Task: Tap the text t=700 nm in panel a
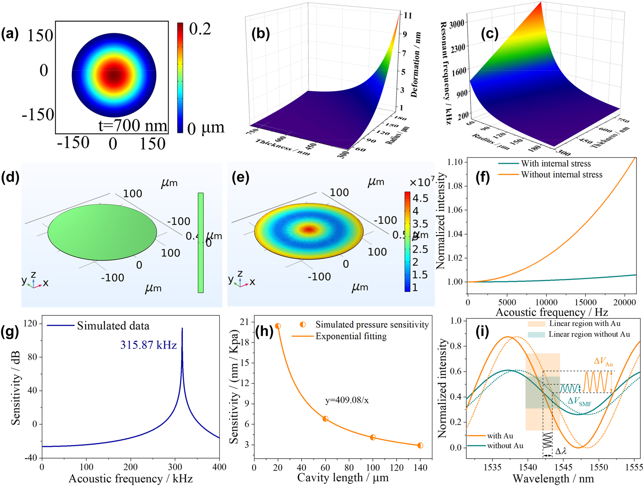(133, 126)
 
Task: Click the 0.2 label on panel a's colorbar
(200, 29)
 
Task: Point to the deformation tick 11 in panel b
(408, 15)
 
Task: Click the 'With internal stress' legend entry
(555, 164)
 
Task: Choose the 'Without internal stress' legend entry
(562, 175)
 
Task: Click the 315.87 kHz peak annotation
(148, 345)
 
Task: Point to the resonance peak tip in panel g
(182, 328)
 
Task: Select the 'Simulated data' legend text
(113, 326)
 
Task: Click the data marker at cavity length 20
(278, 326)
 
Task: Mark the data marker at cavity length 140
(420, 445)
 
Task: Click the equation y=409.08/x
(347, 400)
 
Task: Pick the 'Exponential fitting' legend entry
(351, 336)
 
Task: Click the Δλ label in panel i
(561, 451)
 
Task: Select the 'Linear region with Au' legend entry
(584, 324)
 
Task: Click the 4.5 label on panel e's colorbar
(420, 198)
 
